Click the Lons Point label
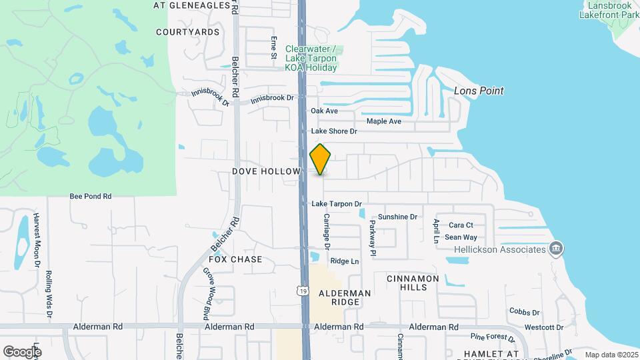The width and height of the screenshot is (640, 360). (478, 91)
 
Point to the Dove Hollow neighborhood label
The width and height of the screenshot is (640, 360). (267, 171)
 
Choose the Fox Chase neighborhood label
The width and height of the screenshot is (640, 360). (235, 259)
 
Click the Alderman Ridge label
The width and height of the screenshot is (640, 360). (344, 297)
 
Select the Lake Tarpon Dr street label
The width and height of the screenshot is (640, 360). (337, 204)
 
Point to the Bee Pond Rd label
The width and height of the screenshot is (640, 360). (91, 197)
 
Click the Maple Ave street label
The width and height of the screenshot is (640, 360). (384, 121)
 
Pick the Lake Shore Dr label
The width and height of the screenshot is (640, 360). (334, 131)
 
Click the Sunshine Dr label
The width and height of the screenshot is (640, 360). (397, 217)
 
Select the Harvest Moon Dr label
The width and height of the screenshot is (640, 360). (37, 240)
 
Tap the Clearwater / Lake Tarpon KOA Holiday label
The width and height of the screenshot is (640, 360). (311, 58)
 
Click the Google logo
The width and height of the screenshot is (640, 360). (22, 351)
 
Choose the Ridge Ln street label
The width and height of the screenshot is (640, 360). (344, 261)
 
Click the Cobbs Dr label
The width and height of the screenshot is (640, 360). (524, 311)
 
